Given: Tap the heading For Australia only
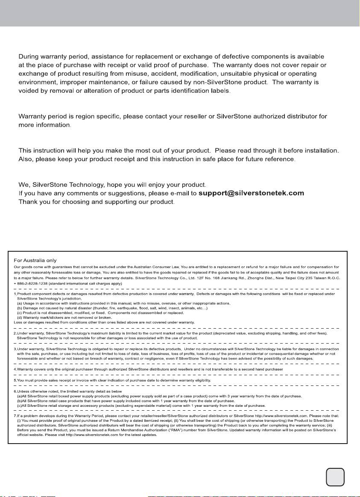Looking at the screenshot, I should [x=35, y=260].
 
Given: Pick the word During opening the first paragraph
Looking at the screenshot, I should [x=31, y=56].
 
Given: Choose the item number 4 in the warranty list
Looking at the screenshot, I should [x=15, y=369].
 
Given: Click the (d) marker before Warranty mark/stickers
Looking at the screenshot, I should [x=19, y=317].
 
